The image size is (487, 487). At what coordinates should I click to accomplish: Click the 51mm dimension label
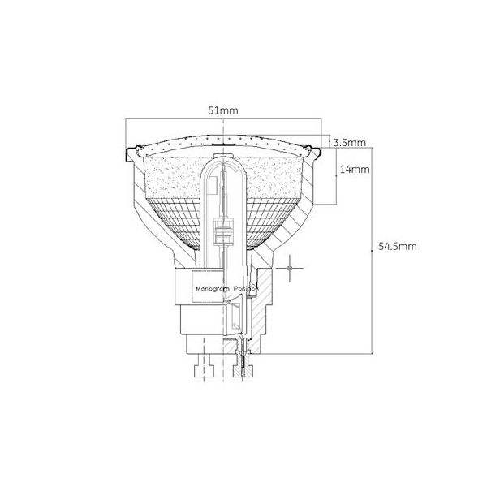pos(223,110)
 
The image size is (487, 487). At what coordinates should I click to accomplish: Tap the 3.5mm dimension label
pos(350,143)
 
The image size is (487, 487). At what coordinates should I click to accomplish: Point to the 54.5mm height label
pos(398,247)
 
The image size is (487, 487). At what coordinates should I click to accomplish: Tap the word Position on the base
pos(246,289)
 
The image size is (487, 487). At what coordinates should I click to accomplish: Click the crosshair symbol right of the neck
pos(290,268)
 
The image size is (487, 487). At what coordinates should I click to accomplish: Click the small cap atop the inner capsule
pos(223,155)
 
